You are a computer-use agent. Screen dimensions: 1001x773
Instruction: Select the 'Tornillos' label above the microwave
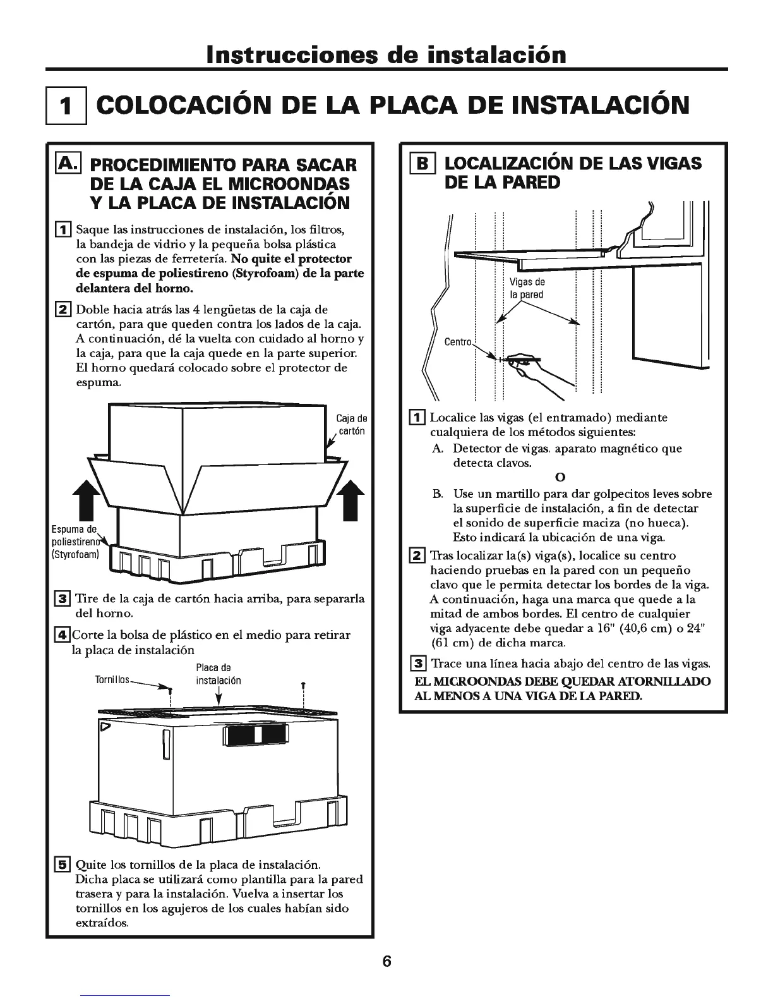112,680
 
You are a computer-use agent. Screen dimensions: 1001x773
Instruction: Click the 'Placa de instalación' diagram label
216,674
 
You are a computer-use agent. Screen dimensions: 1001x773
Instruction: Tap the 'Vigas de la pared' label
527,288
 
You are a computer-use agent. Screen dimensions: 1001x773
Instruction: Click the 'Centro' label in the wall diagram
458,342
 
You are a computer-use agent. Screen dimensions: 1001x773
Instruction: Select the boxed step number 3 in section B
417,664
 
